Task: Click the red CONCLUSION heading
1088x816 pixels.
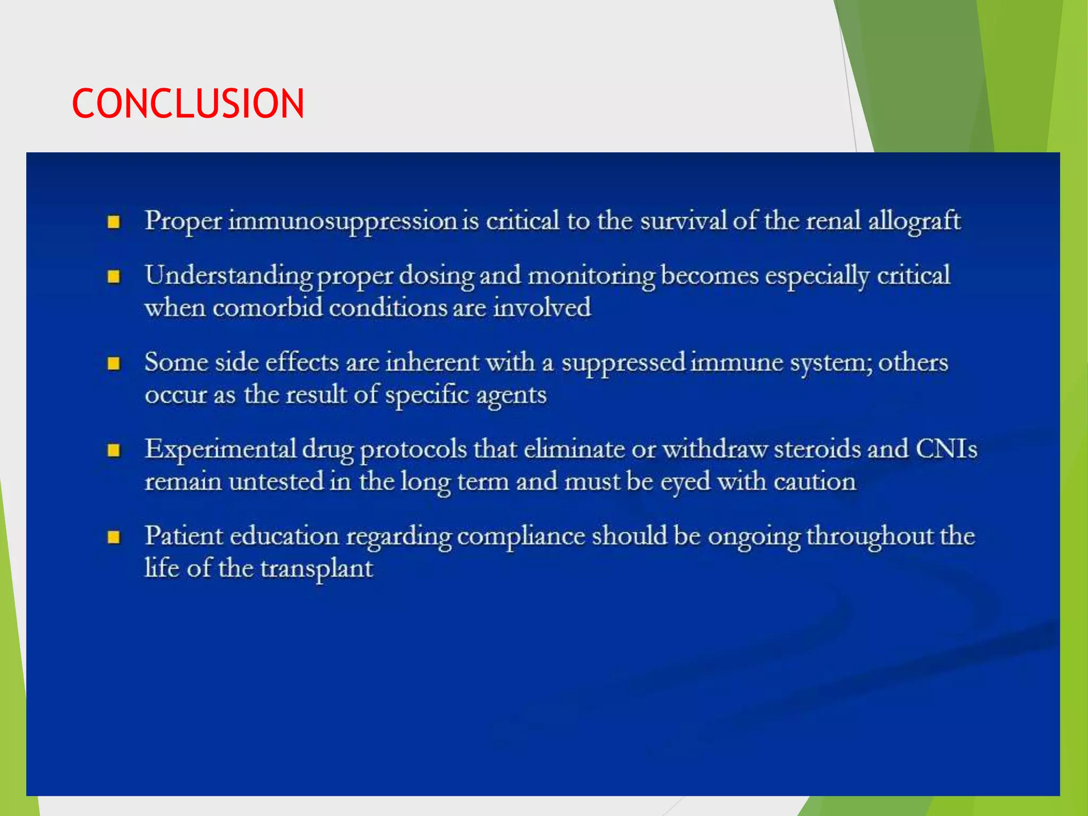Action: (x=188, y=103)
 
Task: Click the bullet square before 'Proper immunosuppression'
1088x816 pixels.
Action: (x=114, y=222)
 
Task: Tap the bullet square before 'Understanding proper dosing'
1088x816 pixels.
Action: (x=114, y=277)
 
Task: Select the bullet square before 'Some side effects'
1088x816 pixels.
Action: (x=114, y=363)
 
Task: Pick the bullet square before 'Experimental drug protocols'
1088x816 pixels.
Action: (x=114, y=450)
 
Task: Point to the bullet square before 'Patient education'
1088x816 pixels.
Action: (x=114, y=537)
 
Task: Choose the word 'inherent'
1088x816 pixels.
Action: (x=433, y=363)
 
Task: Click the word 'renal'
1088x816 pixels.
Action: (x=833, y=221)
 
